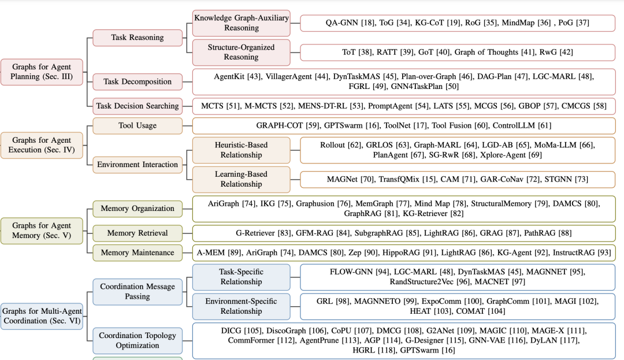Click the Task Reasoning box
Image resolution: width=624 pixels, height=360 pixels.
point(138,38)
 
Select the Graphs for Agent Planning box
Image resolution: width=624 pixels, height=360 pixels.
point(42,72)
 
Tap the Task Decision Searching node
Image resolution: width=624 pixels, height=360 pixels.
point(138,106)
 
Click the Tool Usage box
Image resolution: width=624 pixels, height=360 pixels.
point(138,126)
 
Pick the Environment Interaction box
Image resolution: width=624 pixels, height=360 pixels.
point(138,165)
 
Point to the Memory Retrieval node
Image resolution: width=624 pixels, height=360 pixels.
point(138,233)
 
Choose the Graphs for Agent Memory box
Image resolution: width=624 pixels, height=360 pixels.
point(42,231)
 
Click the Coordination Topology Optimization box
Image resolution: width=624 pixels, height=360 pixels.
point(138,340)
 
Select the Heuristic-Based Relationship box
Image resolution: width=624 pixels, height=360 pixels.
point(241,150)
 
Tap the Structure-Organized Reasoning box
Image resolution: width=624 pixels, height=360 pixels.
point(241,52)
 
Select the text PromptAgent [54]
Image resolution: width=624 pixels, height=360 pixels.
point(398,106)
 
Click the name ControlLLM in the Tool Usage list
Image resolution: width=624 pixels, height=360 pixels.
point(514,125)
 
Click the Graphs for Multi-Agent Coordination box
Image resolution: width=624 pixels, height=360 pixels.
point(42,316)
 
